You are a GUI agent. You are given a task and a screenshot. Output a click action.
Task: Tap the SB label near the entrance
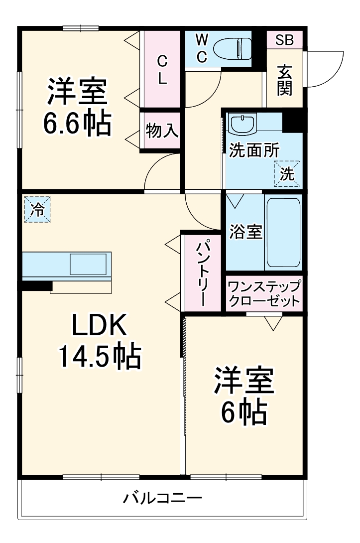[285, 40]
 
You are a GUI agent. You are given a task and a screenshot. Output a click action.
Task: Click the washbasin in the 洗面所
[242, 124]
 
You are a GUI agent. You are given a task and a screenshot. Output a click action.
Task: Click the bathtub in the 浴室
[283, 233]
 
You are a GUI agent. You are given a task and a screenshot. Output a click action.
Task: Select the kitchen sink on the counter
[88, 264]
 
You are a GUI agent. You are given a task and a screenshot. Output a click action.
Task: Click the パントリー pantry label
[202, 273]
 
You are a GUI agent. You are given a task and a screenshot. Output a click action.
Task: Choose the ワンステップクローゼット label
[264, 294]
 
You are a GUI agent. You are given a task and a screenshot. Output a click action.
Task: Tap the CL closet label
[162, 70]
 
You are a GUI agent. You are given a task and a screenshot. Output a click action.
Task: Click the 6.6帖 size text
[77, 124]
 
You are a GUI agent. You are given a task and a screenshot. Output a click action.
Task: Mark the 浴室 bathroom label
[245, 232]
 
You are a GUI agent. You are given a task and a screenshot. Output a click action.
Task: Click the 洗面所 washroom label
[254, 150]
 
